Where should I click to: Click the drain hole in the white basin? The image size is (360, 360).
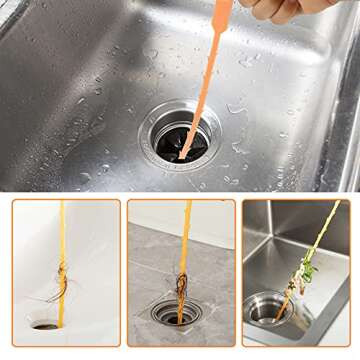coord(45,325)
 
